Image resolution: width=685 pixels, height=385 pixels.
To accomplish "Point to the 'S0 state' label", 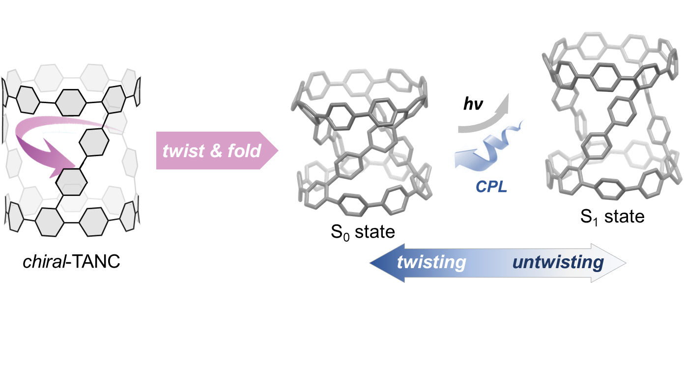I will click(362, 231).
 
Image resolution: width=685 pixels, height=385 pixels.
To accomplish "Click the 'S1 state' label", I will click(612, 217).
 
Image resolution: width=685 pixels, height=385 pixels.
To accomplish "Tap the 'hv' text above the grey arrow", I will click(473, 104).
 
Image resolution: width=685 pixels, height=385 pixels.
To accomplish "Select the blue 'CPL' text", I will click(491, 187).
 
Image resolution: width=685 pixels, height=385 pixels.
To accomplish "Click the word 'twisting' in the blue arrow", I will click(431, 263).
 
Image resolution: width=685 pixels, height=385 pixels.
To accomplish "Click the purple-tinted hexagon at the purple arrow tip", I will click(72, 182).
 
